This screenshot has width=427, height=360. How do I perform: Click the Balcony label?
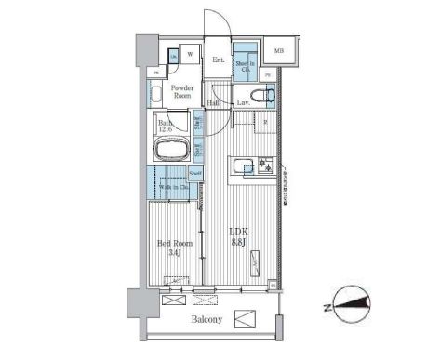207,320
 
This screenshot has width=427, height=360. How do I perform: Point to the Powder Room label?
181,92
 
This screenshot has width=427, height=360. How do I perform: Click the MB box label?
278,50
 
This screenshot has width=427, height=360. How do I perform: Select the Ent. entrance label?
219,60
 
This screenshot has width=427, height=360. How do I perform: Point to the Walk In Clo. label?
169,188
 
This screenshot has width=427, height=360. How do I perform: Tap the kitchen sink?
245,167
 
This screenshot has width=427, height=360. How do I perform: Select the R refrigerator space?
266,123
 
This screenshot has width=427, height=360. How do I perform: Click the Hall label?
213,102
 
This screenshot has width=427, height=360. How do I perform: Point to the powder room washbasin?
155,91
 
